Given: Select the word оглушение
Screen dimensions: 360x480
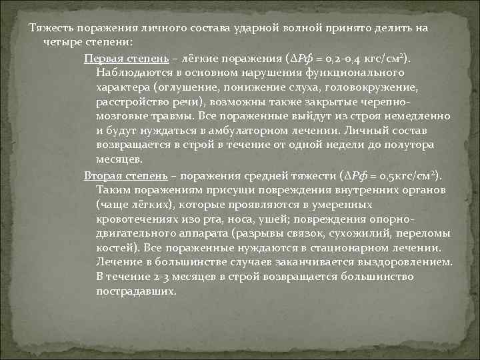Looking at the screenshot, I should (185, 87).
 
